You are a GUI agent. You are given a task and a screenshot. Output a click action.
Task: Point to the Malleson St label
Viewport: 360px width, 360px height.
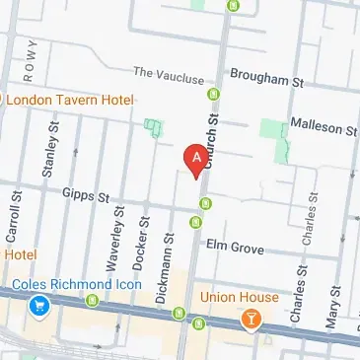click(x=323, y=127)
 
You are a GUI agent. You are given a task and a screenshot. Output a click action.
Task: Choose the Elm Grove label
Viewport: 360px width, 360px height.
click(x=234, y=248)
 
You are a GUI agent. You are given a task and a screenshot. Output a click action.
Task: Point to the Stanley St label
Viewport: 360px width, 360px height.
click(x=45, y=159)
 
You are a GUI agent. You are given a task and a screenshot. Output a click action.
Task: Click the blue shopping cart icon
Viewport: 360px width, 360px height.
click(x=39, y=307)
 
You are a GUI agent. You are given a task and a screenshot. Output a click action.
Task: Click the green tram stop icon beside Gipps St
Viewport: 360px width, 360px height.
click(x=206, y=205)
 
